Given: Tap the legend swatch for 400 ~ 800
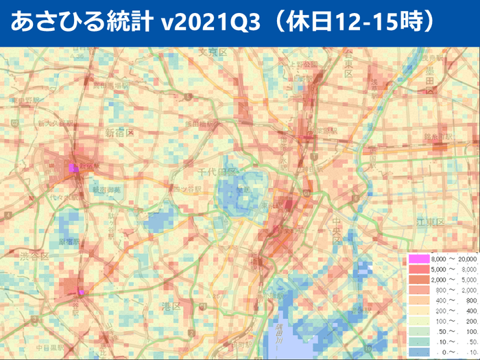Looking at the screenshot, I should (417, 300).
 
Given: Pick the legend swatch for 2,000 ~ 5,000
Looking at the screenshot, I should (417, 279).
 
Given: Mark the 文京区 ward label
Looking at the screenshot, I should (213, 52).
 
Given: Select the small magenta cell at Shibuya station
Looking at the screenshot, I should (82, 292).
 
